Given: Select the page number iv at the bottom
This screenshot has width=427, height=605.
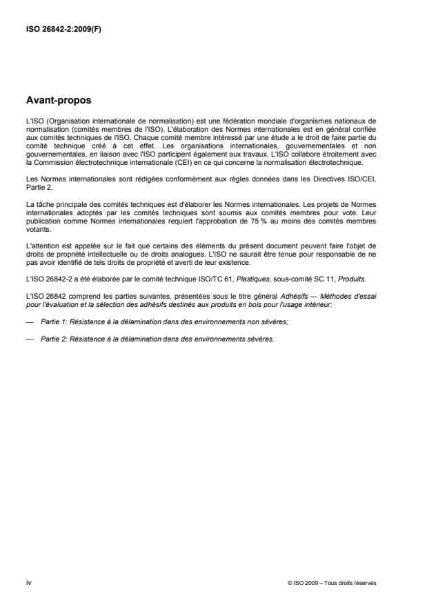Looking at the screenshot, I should click(28, 582).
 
